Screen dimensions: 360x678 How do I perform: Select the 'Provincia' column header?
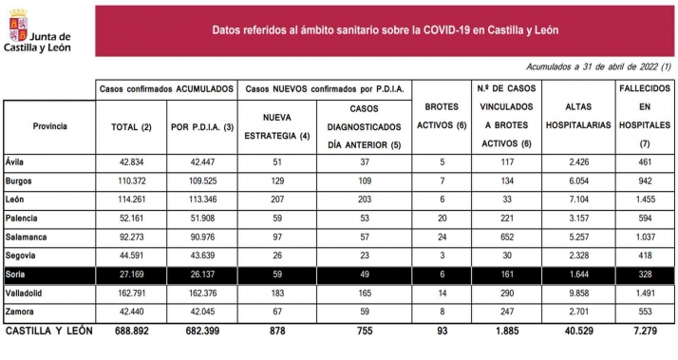coord(49,125)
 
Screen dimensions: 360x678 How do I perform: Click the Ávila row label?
coord(16,162)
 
